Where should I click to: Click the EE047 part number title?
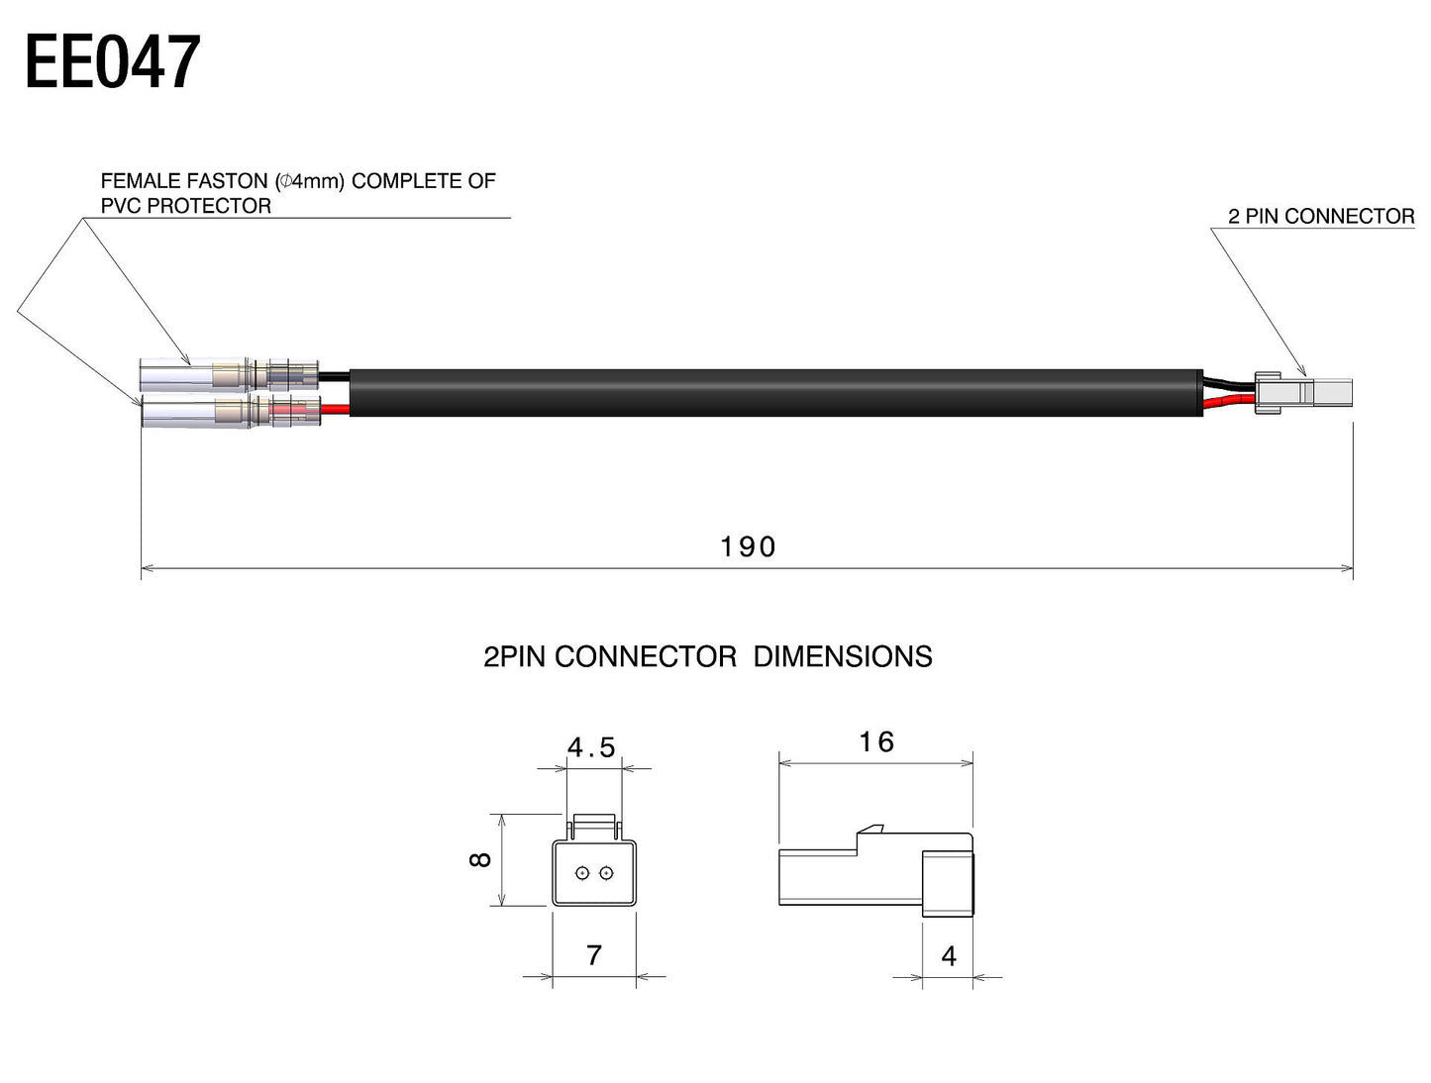[112, 62]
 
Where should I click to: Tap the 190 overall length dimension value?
[748, 546]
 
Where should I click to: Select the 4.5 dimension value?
[591, 747]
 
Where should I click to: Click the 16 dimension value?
[876, 741]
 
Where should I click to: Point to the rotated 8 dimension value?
[480, 859]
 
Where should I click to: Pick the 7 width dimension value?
[594, 955]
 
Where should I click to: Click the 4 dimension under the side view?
[949, 956]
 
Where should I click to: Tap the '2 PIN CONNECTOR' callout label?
[1320, 216]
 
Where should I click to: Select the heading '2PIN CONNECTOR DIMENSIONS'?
[707, 656]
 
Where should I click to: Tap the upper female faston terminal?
[228, 375]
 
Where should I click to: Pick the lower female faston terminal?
[228, 412]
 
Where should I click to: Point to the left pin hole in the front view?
[582, 872]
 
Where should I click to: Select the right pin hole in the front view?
[606, 872]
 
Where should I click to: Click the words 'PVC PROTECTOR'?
[186, 206]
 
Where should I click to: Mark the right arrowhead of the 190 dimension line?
[1348, 568]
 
